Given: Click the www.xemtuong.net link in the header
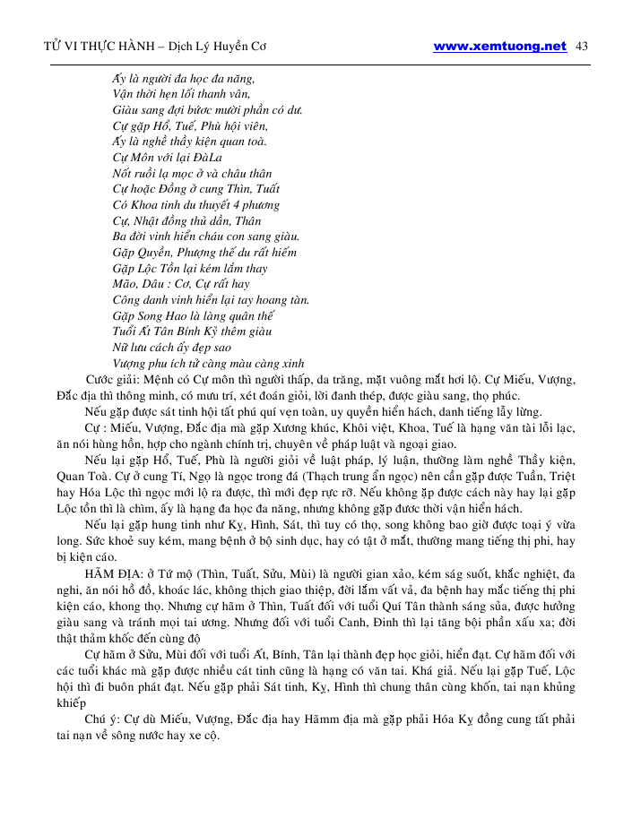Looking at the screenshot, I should click(499, 47).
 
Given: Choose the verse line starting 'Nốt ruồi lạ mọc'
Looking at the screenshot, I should click(192, 174).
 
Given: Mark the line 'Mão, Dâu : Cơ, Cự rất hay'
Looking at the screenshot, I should click(181, 284).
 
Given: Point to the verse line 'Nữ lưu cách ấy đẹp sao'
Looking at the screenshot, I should click(172, 348).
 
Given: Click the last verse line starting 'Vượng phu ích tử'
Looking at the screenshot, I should click(209, 364).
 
